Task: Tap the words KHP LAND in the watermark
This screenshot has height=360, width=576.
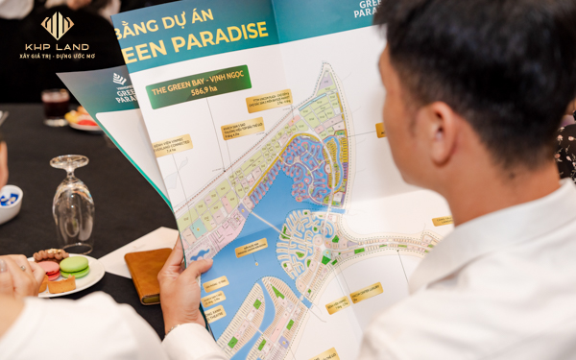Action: pyautogui.click(x=57, y=45)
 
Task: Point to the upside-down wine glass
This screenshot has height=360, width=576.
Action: pyautogui.click(x=73, y=197)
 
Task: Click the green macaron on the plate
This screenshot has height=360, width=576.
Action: pyautogui.click(x=74, y=265)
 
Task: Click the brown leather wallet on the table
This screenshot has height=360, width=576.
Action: pyautogui.click(x=148, y=273)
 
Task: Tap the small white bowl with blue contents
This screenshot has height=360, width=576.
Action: pyautogui.click(x=10, y=203)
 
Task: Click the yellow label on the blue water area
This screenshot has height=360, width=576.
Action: pyautogui.click(x=252, y=247)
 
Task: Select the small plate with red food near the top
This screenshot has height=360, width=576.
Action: pyautogui.click(x=84, y=120)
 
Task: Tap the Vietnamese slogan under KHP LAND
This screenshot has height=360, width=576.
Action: pyautogui.click(x=57, y=56)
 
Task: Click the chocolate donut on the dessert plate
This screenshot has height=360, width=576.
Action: pyautogui.click(x=50, y=255)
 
